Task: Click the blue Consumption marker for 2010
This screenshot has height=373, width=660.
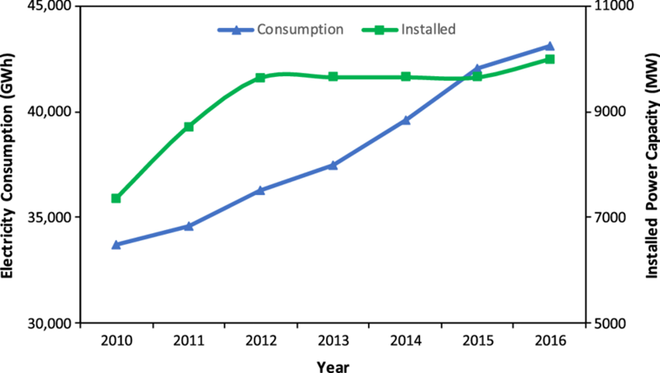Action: pos(116,245)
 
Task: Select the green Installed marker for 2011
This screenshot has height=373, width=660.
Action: pos(189,127)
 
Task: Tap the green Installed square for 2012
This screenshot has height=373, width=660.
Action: pos(261,78)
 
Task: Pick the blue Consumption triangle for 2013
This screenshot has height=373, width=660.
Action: pos(332,165)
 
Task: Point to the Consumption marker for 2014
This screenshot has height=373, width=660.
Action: pos(405,120)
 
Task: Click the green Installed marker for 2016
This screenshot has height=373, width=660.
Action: pos(550,60)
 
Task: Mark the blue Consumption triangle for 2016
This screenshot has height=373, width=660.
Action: pos(550,46)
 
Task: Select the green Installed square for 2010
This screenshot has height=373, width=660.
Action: pos(116,198)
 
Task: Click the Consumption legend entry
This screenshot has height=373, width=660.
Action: pos(281,30)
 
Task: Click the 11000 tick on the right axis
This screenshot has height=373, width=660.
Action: pos(610,7)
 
